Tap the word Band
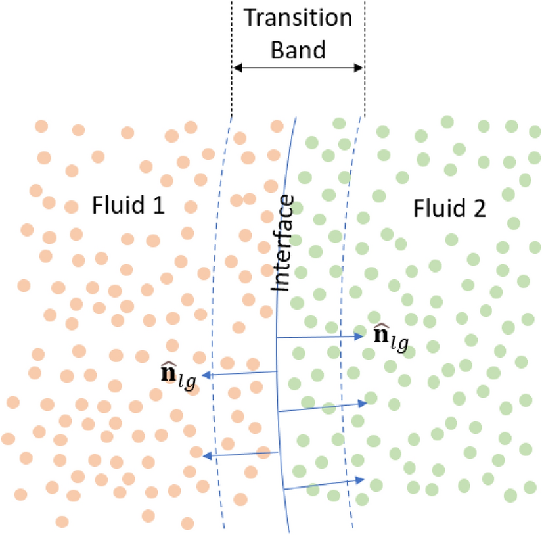[298, 49]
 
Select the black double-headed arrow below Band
[298, 68]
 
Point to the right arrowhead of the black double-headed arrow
[359, 68]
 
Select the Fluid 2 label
[449, 209]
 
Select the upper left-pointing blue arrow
[240, 374]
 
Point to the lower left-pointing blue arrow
[240, 454]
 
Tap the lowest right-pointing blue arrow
[325, 484]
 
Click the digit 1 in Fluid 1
[157, 208]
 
